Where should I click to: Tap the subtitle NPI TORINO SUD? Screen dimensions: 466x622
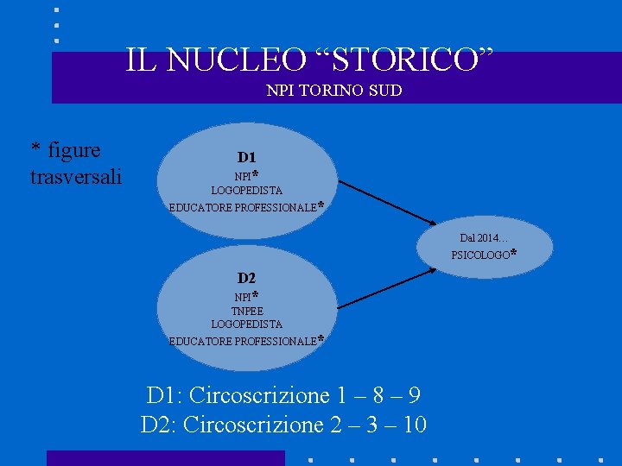point(334,90)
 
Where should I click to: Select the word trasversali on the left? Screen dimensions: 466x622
point(76,177)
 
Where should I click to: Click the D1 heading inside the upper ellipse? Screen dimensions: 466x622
point(247,157)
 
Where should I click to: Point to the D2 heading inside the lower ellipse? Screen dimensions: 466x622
point(247,278)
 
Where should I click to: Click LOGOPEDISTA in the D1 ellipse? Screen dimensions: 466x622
point(247,190)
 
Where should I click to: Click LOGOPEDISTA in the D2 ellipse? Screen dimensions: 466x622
point(247,324)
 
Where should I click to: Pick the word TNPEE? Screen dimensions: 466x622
point(247,311)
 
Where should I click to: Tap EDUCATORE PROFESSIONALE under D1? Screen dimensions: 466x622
point(243,207)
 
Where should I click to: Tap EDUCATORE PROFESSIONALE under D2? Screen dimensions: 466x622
point(243,341)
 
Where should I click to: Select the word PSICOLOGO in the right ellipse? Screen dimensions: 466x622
point(480,255)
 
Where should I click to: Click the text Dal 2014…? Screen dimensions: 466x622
point(484,237)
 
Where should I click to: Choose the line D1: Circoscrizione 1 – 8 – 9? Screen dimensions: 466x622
point(283,396)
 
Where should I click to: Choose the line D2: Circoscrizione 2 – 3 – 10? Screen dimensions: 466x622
point(283,425)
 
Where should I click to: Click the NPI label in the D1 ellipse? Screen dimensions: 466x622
point(243,176)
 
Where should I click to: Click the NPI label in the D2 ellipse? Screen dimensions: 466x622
point(243,297)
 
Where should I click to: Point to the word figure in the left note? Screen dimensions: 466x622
point(75,150)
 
